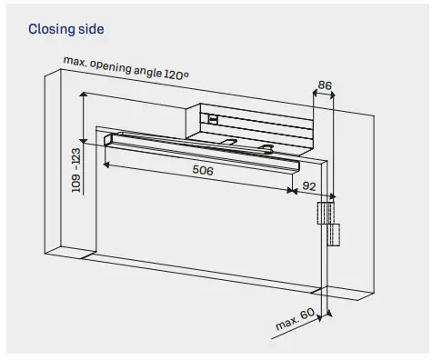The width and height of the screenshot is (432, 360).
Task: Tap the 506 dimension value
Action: (204, 170)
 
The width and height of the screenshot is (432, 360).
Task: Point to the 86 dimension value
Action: (325, 85)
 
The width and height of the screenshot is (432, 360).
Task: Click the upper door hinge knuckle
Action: (324, 214)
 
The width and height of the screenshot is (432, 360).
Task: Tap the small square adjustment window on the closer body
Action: (211, 117)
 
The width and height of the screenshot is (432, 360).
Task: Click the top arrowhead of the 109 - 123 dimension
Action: (83, 95)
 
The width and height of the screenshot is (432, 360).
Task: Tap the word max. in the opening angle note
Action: (75, 62)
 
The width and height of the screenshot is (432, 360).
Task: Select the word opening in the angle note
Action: (105, 65)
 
